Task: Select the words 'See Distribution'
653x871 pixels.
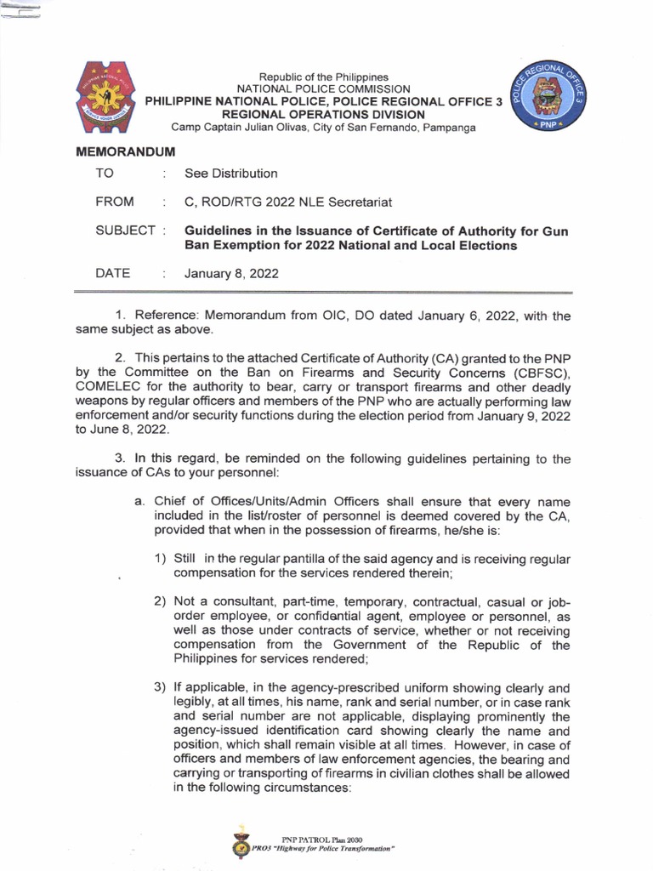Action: (231, 174)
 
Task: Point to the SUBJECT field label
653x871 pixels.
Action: (126, 231)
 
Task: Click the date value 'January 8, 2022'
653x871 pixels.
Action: (231, 273)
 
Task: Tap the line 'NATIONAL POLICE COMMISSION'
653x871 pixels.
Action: (323, 88)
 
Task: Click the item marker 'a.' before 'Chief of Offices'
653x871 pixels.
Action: (139, 501)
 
